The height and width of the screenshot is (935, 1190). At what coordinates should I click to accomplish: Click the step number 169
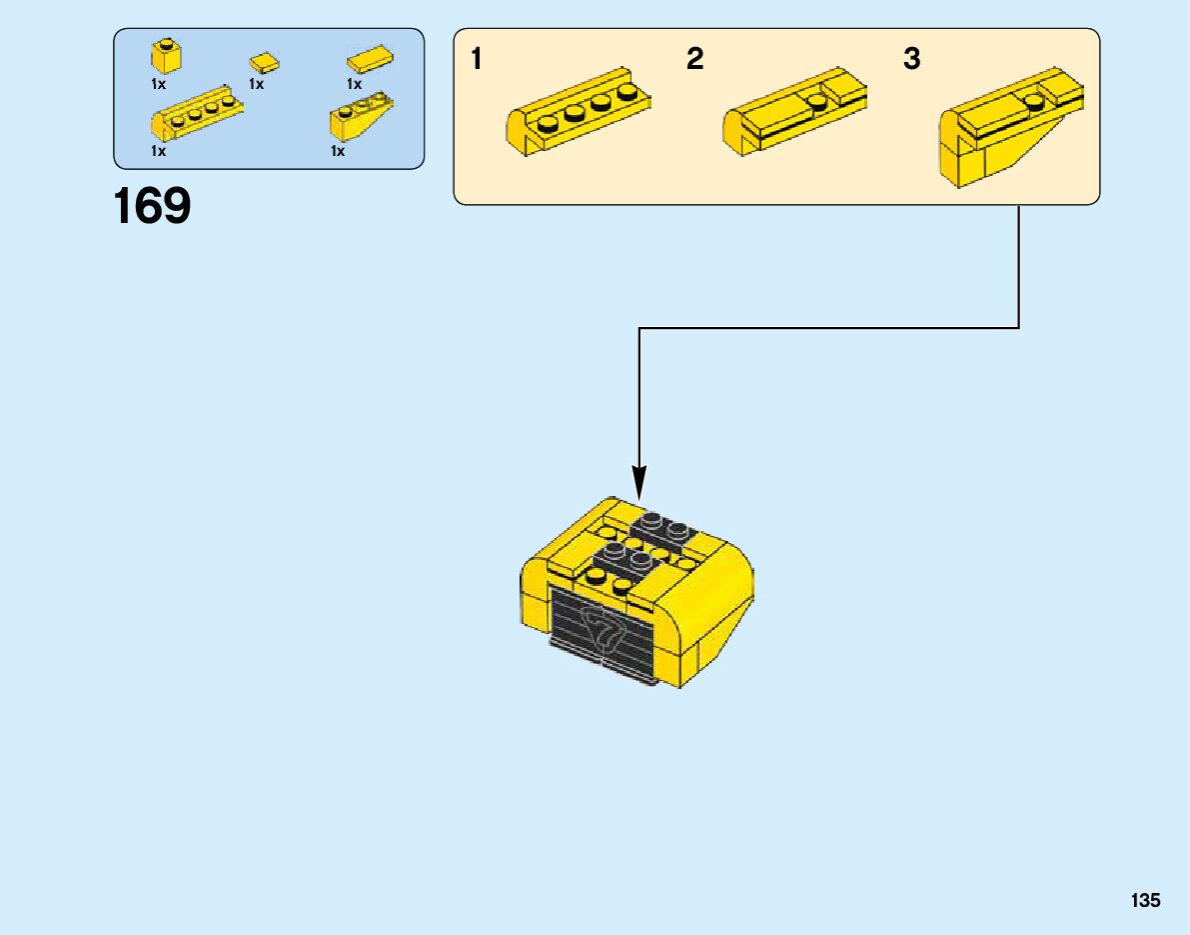click(x=152, y=207)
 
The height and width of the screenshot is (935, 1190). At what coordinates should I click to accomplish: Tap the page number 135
click(x=1146, y=901)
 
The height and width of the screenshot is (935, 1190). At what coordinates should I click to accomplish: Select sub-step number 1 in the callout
click(x=477, y=60)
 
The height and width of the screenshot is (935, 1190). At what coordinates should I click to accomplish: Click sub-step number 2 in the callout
click(x=695, y=60)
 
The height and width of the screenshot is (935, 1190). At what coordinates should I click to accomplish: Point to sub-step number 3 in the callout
click(x=911, y=60)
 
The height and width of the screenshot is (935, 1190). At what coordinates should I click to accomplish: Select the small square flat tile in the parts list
click(x=265, y=63)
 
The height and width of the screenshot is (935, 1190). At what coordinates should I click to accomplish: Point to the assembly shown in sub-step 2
click(x=794, y=110)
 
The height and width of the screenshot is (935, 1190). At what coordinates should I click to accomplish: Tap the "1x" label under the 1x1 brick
click(x=158, y=85)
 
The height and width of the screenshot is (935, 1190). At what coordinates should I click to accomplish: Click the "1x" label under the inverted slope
click(x=338, y=152)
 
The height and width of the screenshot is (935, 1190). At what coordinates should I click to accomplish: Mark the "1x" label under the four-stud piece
click(x=158, y=152)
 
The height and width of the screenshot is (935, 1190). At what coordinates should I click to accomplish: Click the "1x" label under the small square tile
click(x=256, y=85)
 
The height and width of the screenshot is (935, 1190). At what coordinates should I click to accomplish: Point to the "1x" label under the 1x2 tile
click(x=354, y=85)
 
